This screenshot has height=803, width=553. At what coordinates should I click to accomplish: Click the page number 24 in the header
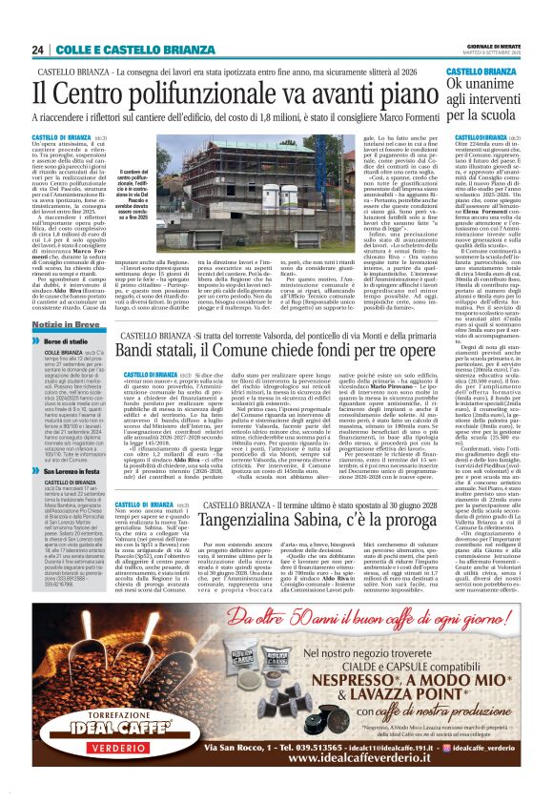point(37,50)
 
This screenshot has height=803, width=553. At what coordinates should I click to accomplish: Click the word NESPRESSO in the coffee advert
point(319,681)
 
